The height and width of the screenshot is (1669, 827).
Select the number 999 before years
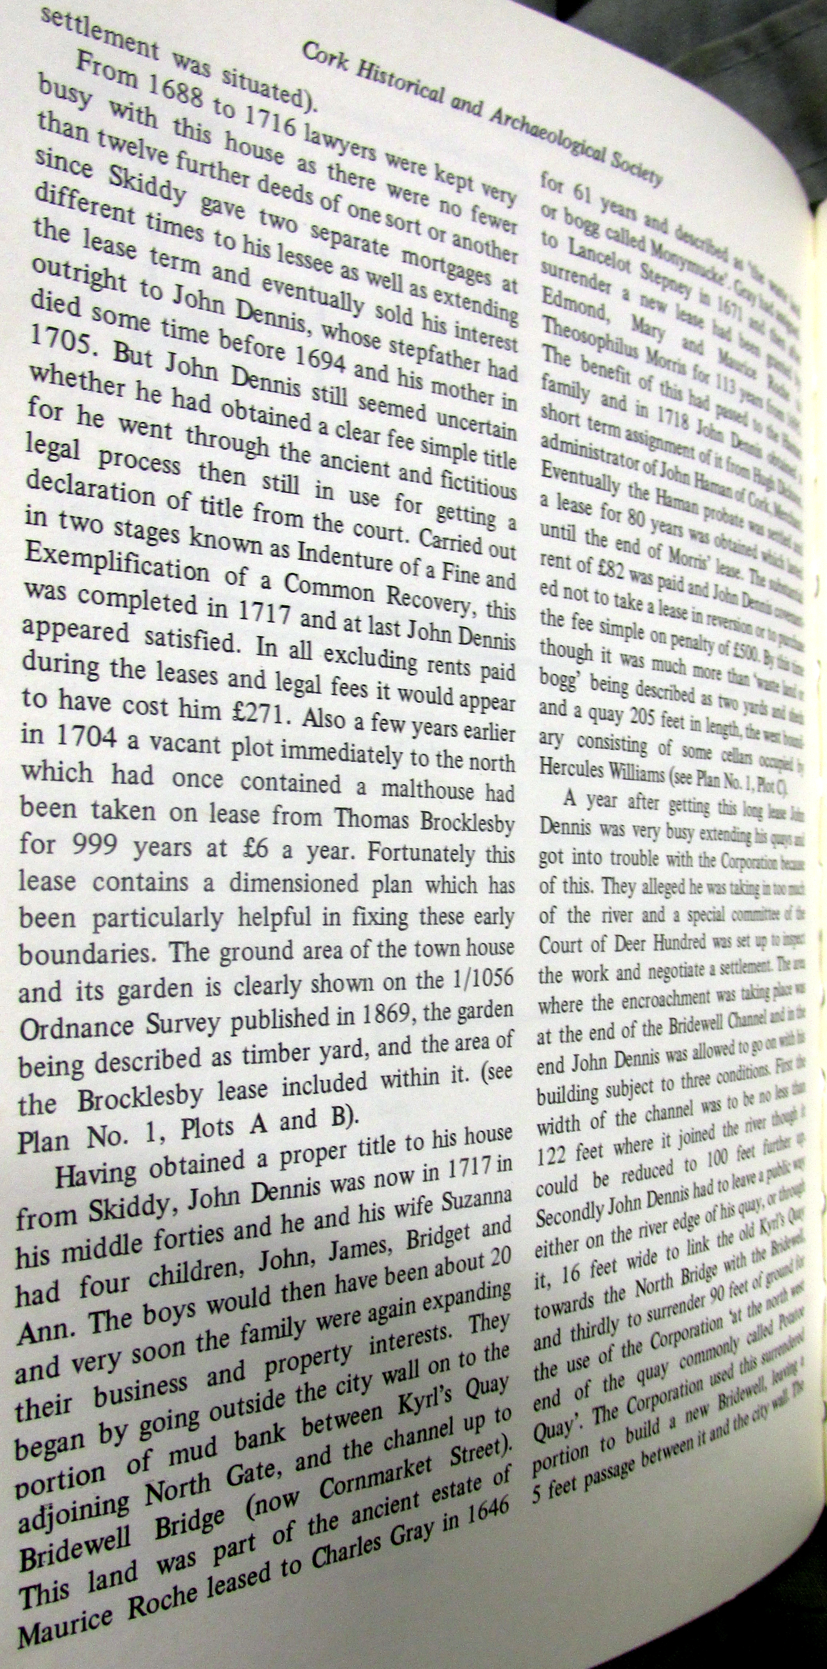pos(97,845)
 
